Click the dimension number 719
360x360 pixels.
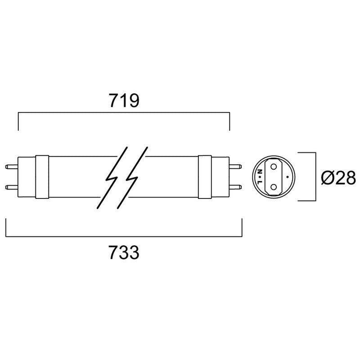point(123,101)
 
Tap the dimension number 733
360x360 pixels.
point(123,253)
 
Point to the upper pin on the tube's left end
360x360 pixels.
point(11,166)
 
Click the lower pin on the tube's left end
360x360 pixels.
point(11,186)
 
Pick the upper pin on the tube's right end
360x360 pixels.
point(236,166)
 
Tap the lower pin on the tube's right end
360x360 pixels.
point(236,186)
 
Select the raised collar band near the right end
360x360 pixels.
point(205,176)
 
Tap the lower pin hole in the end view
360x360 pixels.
point(273,185)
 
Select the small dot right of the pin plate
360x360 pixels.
point(287,177)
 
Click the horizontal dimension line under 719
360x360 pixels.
point(123,114)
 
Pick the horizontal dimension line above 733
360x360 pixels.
point(123,236)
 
